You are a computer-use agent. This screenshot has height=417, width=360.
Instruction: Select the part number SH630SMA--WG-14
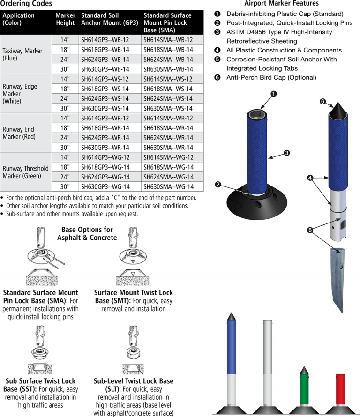coord(168,186)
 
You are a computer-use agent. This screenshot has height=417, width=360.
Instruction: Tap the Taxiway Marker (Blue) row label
coord(22,54)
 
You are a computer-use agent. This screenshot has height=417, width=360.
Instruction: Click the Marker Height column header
coord(65,19)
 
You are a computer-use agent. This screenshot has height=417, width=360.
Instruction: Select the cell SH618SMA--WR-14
coord(168,128)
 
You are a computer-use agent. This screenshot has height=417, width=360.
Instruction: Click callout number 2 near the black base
coord(218,185)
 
